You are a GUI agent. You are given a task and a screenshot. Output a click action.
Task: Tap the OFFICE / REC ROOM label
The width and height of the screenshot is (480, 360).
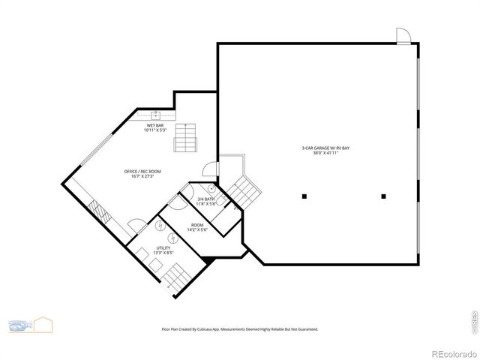point(142,172)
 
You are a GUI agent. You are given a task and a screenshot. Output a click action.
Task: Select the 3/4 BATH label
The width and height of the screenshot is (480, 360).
point(205,199)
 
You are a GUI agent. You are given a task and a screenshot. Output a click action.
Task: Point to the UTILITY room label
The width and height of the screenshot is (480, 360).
point(163,247)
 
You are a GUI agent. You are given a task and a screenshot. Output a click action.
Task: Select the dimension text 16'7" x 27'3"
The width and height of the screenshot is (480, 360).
point(142,177)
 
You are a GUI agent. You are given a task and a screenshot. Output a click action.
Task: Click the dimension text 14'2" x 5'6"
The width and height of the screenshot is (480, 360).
point(197,229)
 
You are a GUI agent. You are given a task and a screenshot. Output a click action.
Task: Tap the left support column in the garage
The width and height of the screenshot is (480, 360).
point(304,196)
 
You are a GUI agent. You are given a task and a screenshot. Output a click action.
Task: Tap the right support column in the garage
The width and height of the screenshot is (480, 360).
point(383,196)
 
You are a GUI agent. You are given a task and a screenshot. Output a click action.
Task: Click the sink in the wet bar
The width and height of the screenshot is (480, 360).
point(156,115)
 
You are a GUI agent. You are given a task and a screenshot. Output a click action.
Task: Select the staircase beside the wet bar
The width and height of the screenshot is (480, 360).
point(184,138)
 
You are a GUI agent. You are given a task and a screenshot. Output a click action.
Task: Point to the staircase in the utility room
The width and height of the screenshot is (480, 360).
point(175,278)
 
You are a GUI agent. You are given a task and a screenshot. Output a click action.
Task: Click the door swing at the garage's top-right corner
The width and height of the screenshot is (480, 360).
point(403,35)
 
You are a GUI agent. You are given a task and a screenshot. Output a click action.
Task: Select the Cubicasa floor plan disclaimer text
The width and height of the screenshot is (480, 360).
point(240,328)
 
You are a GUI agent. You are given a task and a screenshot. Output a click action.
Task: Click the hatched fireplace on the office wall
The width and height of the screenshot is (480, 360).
point(100,213)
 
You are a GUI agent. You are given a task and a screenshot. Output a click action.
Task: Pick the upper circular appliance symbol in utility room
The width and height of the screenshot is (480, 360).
point(160,225)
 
